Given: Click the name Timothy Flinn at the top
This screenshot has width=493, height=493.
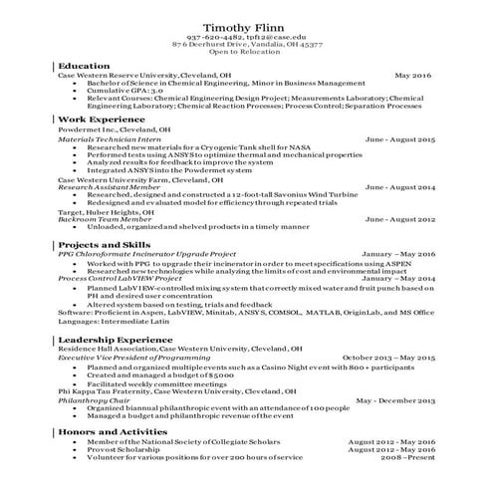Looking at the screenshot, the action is tap(246, 26).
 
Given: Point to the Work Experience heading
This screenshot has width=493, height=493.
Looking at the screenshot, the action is tap(102, 119).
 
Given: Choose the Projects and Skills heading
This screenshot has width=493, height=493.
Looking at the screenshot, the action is tap(105, 245).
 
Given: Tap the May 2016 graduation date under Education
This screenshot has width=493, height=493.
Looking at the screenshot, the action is tap(412, 76).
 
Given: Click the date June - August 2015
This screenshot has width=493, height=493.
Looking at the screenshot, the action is tap(399, 139).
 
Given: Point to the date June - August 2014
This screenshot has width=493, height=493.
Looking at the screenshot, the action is tap(399, 186).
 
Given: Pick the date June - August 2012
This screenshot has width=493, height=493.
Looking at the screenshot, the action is tap(399, 218).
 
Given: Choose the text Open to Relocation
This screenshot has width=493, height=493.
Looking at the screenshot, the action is tap(246, 53).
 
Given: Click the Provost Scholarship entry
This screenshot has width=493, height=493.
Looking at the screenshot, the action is tap(121, 448).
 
